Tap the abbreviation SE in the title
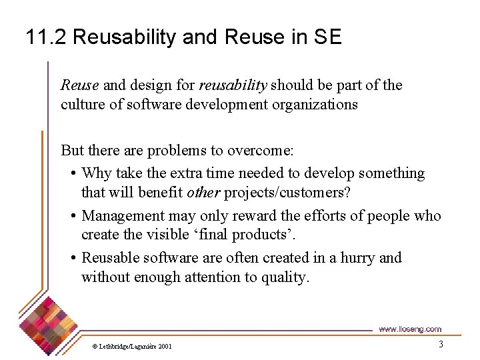click(327, 37)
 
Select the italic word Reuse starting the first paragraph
click(80, 85)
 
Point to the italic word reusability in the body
click(233, 85)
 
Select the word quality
click(287, 277)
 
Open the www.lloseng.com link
click(410, 329)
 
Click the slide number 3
click(441, 345)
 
